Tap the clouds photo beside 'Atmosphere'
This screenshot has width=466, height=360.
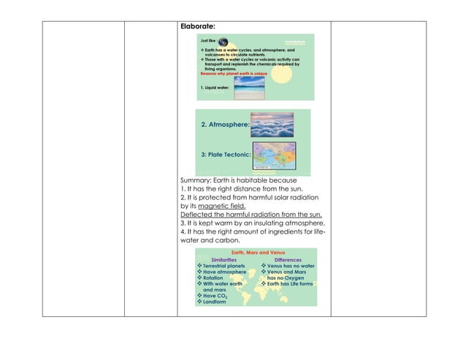[x=271, y=123]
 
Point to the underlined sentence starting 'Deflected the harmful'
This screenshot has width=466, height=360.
[x=251, y=215]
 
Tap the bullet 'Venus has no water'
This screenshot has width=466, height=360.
[x=291, y=267]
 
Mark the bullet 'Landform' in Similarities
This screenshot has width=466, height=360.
[x=214, y=302]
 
